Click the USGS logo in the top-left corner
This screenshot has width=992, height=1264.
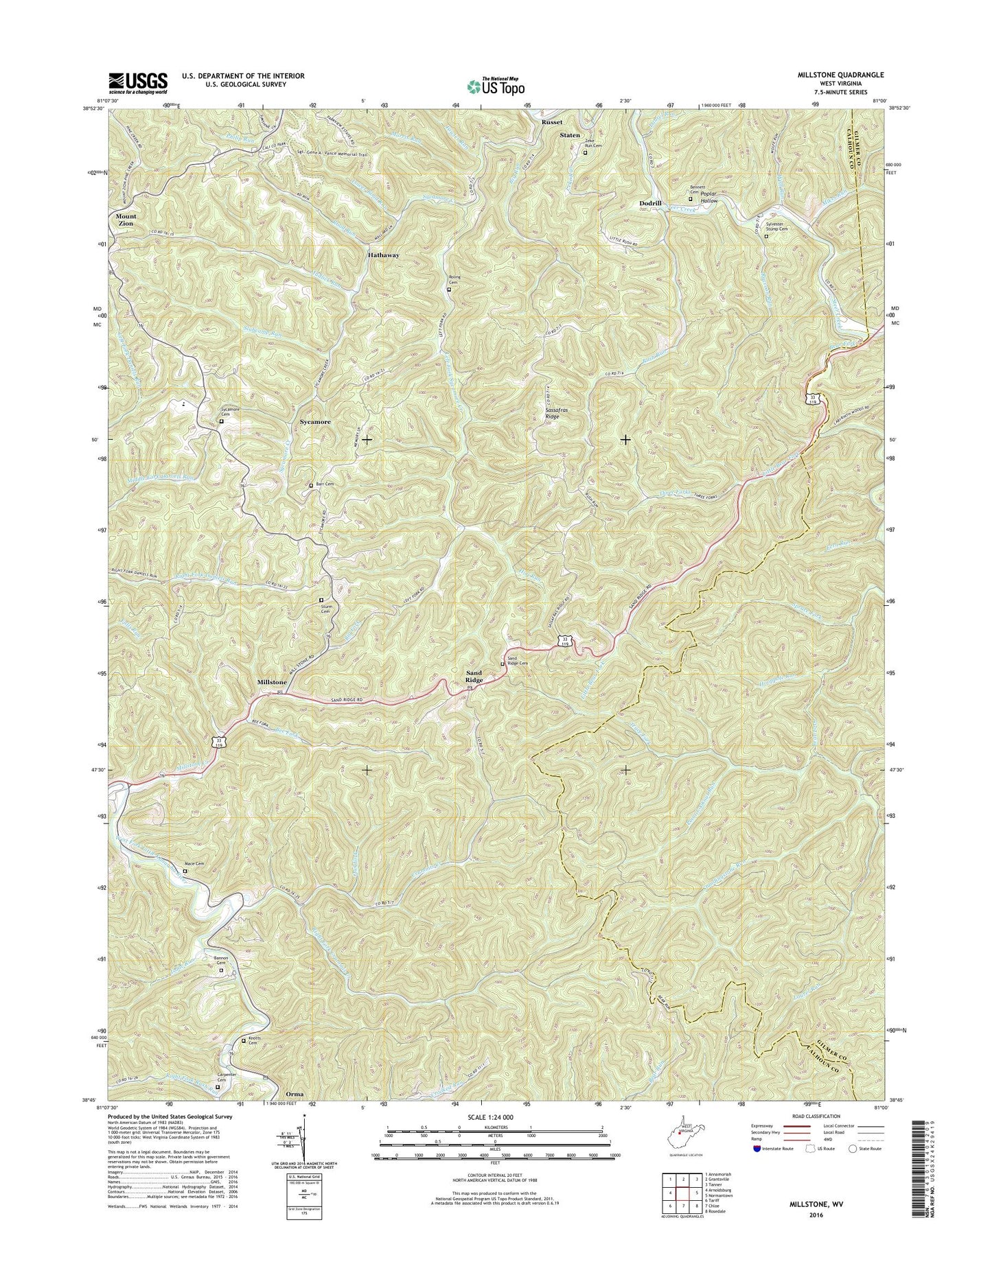pos(137,83)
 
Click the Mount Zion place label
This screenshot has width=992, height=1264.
pos(125,220)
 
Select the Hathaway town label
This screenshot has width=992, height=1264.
pos(382,255)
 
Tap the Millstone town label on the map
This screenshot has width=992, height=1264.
pos(272,683)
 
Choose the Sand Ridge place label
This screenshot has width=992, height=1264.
pos(474,677)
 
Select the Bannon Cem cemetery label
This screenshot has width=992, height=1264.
pos(220,961)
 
